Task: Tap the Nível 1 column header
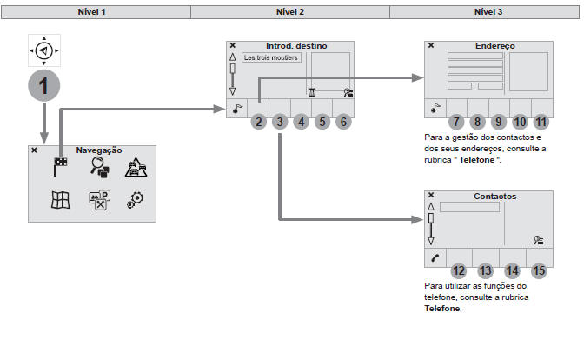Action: click(x=96, y=12)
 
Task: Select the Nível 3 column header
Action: click(x=485, y=12)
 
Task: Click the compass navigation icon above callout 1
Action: click(x=43, y=51)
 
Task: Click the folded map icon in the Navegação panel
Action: click(x=60, y=200)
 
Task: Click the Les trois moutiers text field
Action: click(x=271, y=58)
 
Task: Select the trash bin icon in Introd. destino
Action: click(x=311, y=91)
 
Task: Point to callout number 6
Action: click(x=343, y=122)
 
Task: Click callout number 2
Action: click(x=258, y=122)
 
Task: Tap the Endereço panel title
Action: click(x=494, y=45)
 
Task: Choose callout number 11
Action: click(x=541, y=123)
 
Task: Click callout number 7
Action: click(x=456, y=123)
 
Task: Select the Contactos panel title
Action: click(x=494, y=197)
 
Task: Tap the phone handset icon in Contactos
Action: click(x=434, y=257)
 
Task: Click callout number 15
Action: click(x=540, y=270)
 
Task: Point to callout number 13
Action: click(x=485, y=270)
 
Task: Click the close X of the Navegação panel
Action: click(x=34, y=150)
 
